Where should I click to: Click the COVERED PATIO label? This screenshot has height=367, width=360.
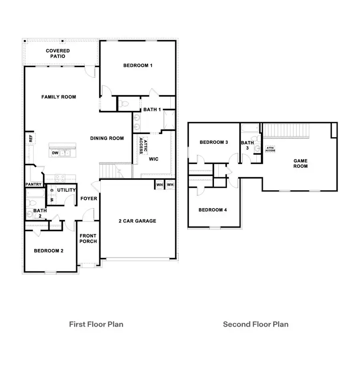(x=58, y=54)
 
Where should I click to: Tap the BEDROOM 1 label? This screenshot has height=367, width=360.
(x=138, y=66)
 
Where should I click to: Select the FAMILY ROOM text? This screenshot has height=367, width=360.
(x=58, y=97)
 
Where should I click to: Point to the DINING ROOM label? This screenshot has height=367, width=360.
(x=107, y=138)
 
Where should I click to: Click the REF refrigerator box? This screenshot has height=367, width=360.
(x=30, y=138)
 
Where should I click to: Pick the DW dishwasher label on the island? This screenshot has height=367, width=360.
(x=54, y=153)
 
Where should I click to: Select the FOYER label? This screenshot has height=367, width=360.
(x=89, y=199)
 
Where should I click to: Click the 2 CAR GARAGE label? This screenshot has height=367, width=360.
(x=137, y=221)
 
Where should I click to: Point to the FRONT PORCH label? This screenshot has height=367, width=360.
(x=88, y=239)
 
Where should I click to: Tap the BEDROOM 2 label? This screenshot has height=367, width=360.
(x=48, y=251)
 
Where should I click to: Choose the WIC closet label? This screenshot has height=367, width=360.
(x=154, y=159)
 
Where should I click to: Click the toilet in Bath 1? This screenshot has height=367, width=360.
(x=124, y=104)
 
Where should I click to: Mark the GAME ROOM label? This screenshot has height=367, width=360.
(x=300, y=163)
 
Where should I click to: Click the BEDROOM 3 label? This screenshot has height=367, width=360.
(x=214, y=142)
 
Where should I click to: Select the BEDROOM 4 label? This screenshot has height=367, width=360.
(x=213, y=210)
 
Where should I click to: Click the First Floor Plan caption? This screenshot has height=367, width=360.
(x=96, y=324)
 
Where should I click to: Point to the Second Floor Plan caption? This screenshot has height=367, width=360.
(x=256, y=324)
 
